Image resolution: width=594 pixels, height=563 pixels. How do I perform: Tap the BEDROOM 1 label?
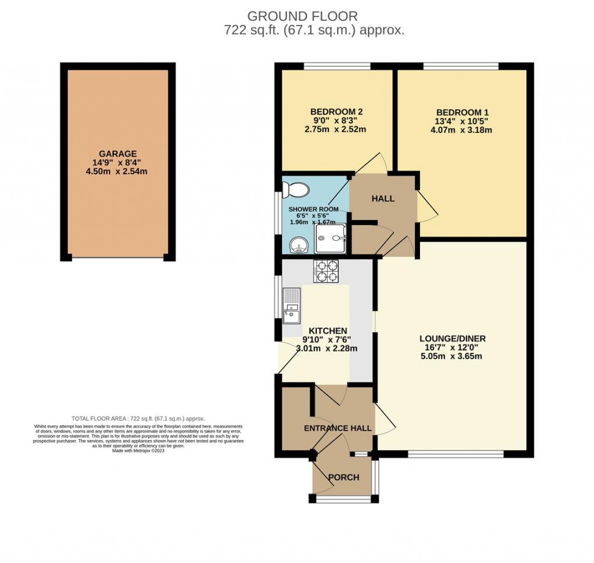(x=459, y=112)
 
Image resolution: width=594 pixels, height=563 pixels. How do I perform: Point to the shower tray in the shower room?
(x=331, y=239)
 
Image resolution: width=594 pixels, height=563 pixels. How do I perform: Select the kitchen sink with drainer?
(x=291, y=305)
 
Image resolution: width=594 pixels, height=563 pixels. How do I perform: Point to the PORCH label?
(x=344, y=478)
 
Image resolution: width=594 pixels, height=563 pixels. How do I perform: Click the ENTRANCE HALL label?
(x=338, y=428)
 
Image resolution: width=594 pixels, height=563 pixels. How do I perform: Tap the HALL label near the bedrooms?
(x=383, y=199)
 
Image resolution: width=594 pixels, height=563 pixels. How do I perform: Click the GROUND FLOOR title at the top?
(x=303, y=16)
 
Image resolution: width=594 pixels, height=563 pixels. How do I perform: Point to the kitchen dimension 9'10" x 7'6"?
(x=327, y=340)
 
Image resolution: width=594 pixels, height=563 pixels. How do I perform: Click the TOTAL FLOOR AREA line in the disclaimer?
(x=138, y=418)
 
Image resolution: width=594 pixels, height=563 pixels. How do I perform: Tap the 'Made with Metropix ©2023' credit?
(x=139, y=451)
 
